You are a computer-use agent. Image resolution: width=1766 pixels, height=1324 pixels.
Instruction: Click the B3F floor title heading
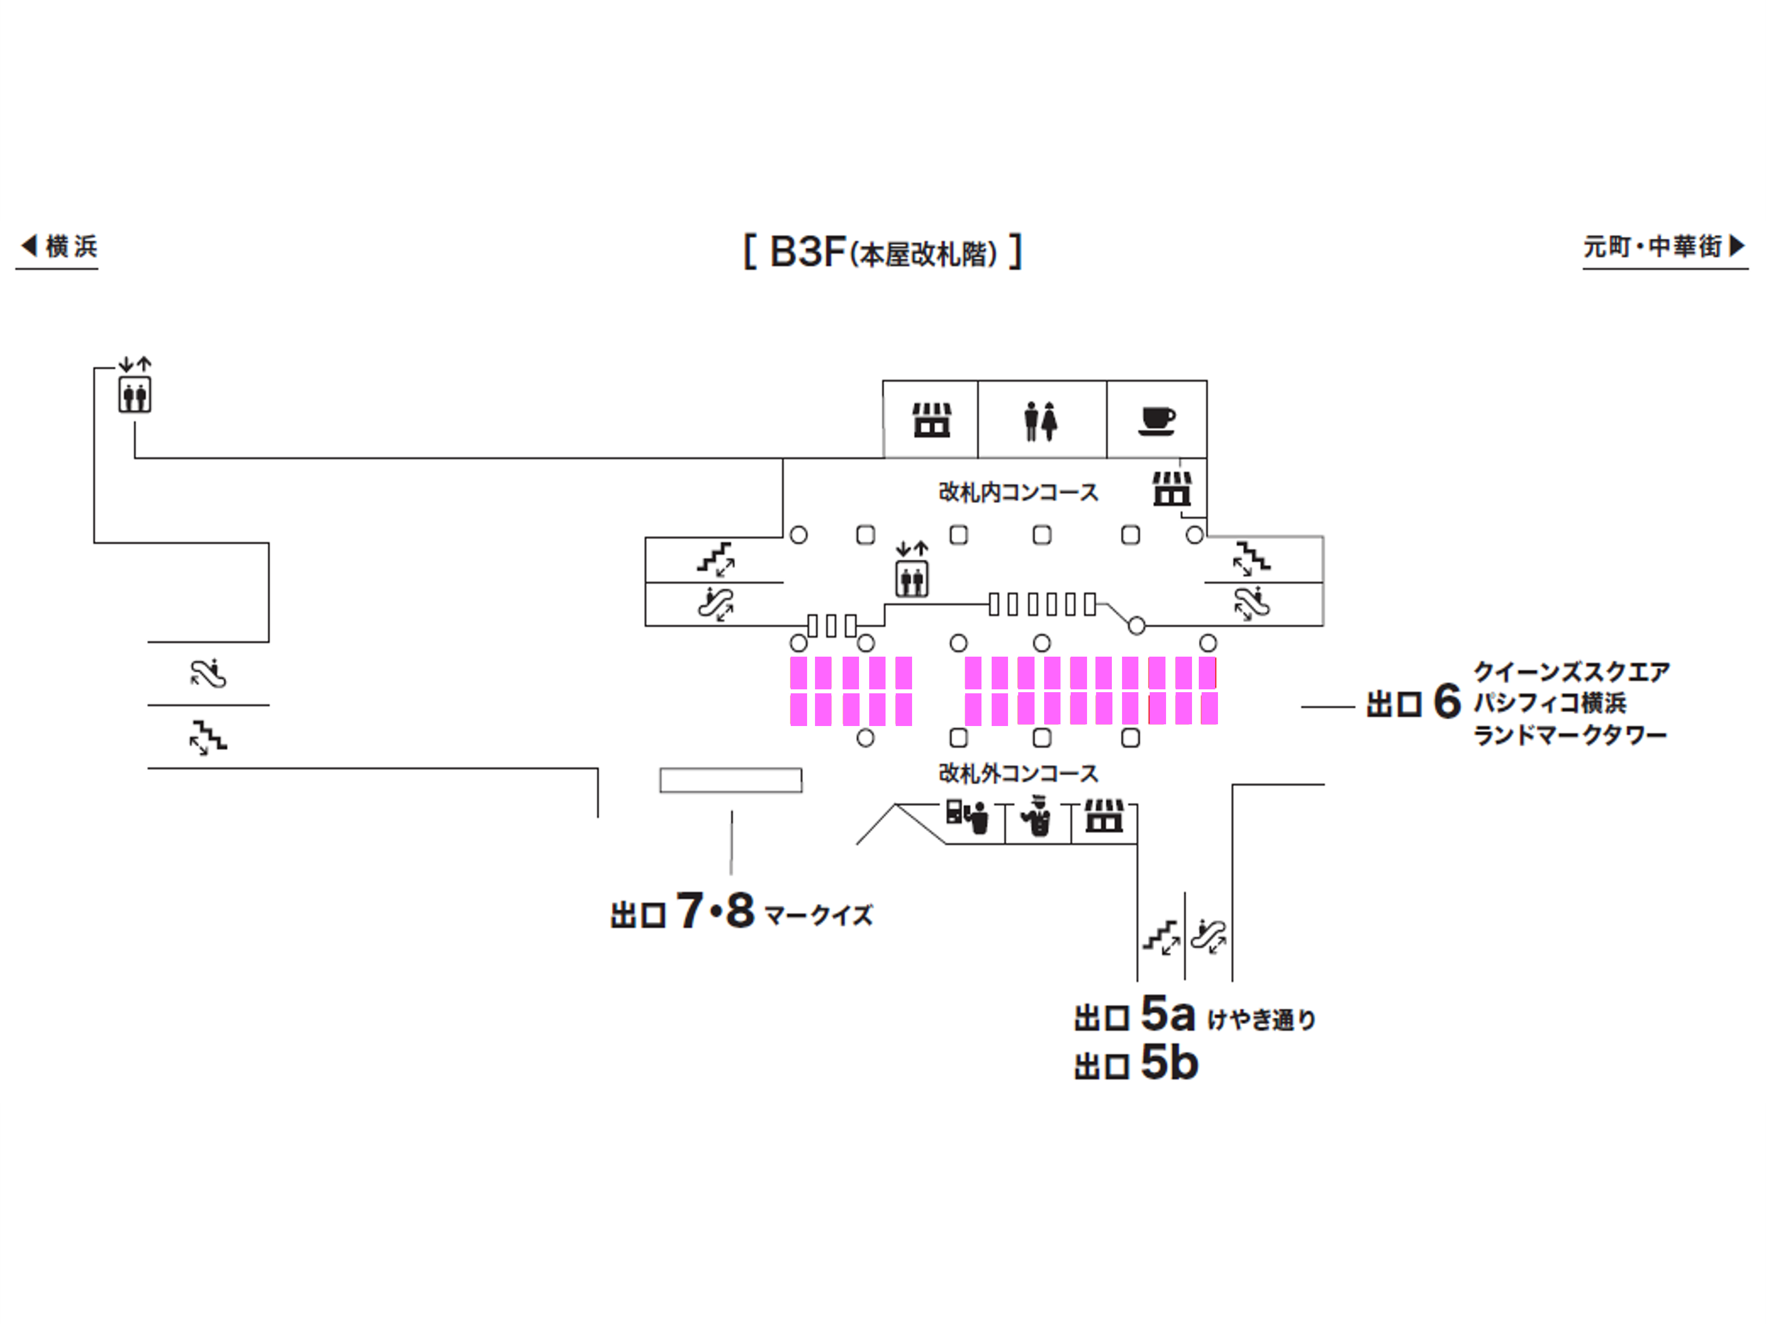882,252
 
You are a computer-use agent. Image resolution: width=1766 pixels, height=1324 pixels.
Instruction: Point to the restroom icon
1041,421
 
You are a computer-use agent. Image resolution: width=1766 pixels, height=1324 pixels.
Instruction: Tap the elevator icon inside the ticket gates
912,577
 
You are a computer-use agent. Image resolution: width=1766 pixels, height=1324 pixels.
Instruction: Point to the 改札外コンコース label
1018,772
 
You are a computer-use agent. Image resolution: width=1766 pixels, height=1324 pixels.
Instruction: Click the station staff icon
1037,816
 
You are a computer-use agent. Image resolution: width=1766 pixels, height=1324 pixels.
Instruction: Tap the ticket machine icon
967,816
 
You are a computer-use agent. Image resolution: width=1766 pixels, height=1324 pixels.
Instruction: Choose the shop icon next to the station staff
1104,816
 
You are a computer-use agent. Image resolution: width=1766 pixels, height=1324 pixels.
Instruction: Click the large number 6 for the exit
1447,702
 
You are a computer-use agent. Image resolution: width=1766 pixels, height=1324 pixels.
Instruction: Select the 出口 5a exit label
1134,1015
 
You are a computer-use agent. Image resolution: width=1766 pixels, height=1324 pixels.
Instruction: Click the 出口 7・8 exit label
682,912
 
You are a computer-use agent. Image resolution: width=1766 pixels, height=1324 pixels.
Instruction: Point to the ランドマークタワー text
1570,735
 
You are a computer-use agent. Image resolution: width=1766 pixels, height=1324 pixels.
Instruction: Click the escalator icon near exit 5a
1209,936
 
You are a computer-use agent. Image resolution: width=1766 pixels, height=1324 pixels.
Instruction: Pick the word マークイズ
818,914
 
